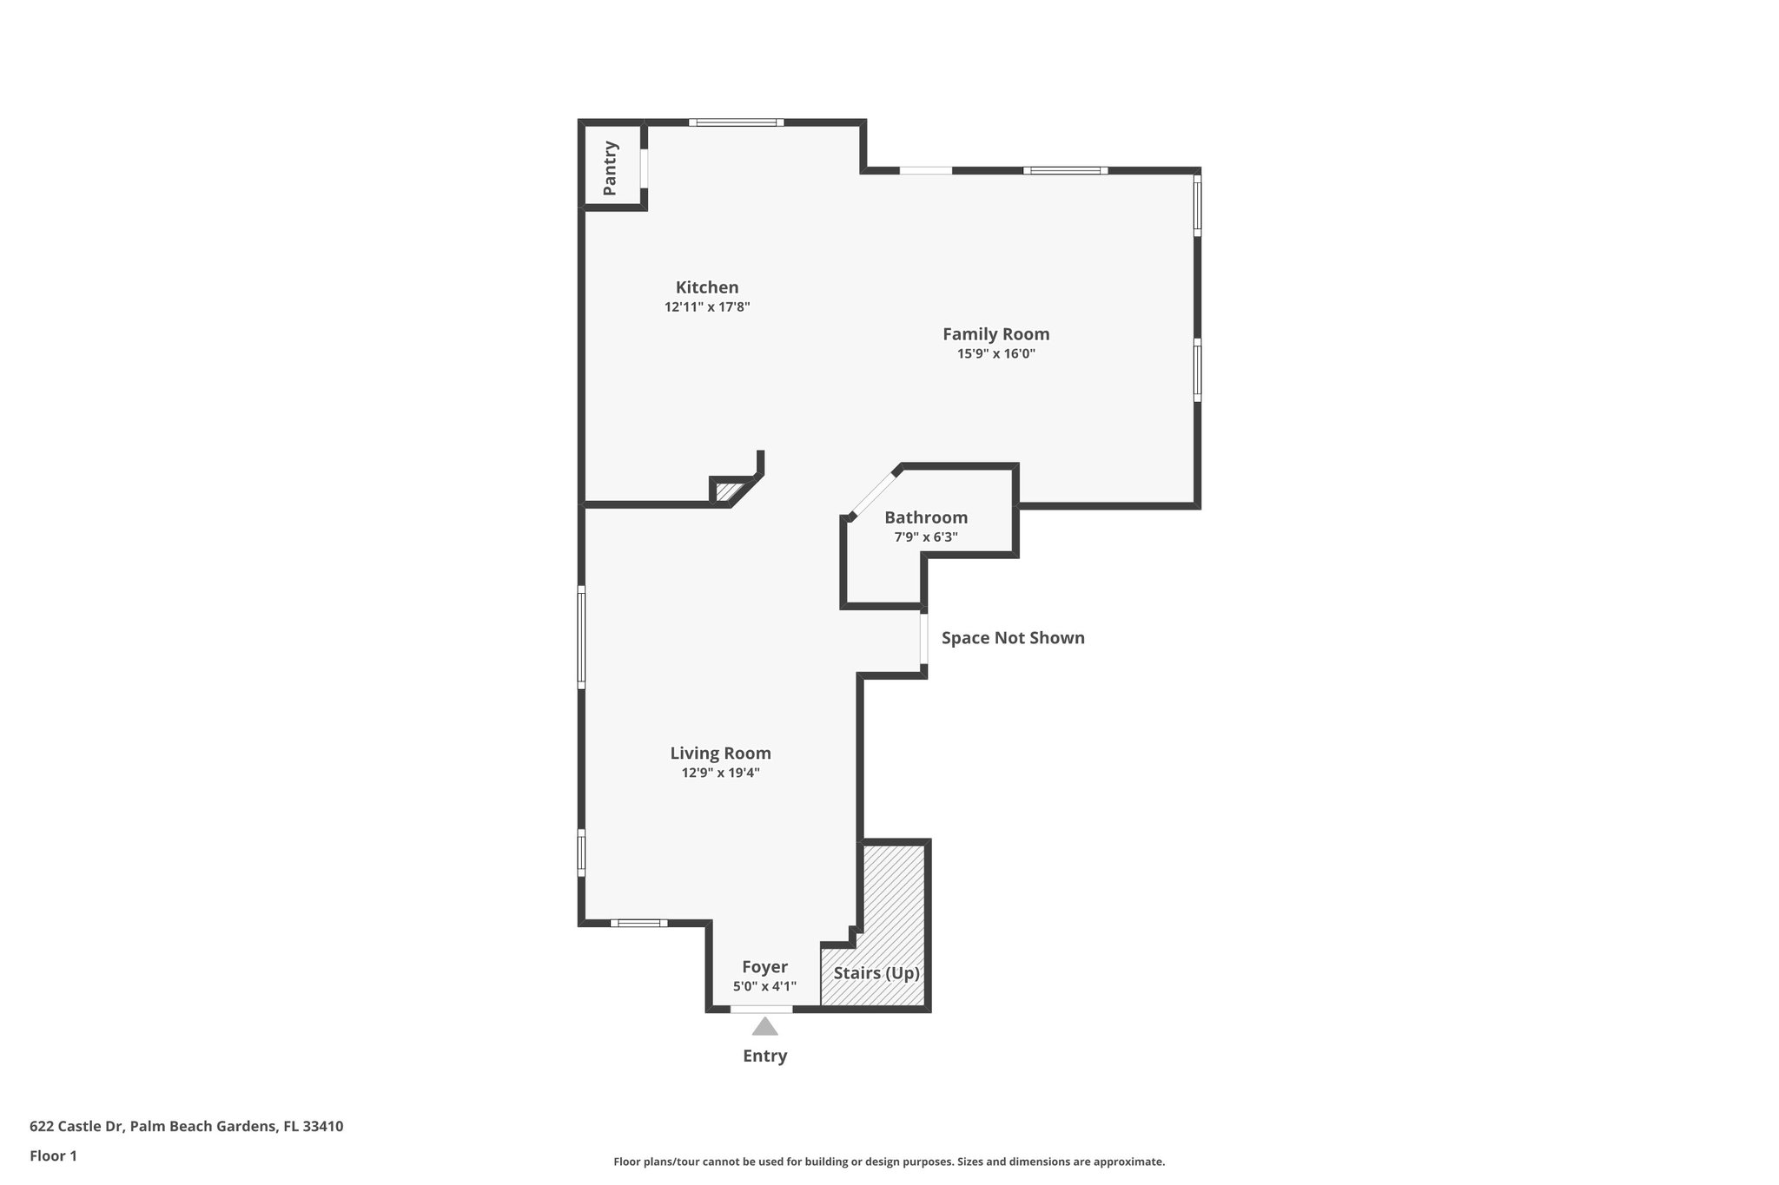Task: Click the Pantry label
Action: click(610, 168)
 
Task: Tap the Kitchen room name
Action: click(707, 287)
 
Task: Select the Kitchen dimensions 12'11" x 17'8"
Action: click(707, 307)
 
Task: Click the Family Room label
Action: click(995, 334)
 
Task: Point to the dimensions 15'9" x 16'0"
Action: click(995, 354)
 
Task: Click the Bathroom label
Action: click(926, 517)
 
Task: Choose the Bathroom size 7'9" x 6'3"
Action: click(926, 537)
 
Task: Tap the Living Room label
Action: click(720, 754)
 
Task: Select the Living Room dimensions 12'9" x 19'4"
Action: click(720, 774)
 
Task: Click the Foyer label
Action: click(764, 967)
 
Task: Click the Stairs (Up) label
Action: click(876, 973)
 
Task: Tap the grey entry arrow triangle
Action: click(764, 1028)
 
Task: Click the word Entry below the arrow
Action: click(764, 1057)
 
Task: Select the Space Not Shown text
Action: click(1013, 638)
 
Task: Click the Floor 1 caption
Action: click(53, 1156)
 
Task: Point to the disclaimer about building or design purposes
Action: click(889, 1162)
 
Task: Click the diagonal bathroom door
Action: click(872, 493)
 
